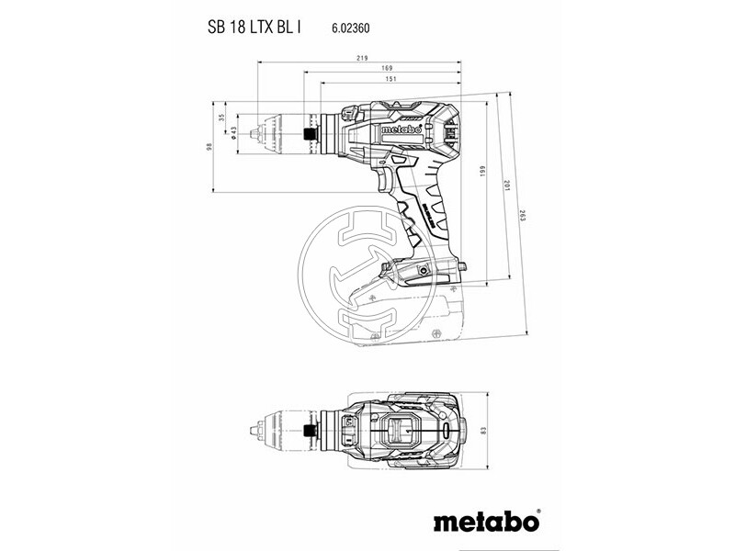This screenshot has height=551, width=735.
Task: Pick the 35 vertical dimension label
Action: [x=221, y=118]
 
